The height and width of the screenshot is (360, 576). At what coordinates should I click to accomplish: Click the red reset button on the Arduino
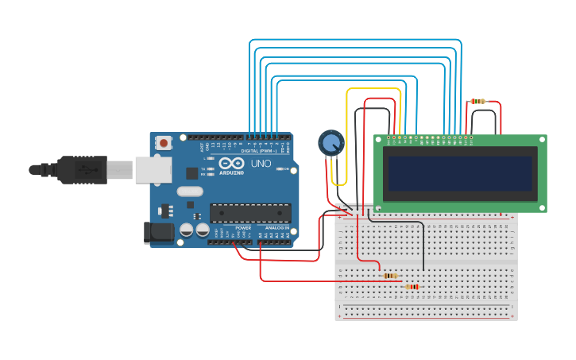tap(164, 143)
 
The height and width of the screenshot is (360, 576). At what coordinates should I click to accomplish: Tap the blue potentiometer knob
tap(331, 142)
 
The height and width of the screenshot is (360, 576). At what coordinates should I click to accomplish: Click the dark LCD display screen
tap(458, 173)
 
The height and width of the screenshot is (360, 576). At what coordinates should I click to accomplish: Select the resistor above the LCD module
tap(477, 101)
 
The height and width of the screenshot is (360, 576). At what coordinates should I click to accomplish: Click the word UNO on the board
tap(261, 164)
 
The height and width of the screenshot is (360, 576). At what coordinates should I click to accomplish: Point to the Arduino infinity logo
tap(232, 162)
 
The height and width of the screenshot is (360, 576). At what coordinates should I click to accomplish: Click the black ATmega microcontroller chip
tap(249, 212)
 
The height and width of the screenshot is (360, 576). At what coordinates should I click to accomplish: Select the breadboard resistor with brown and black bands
tap(390, 276)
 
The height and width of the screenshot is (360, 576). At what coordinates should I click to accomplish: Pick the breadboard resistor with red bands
tap(412, 286)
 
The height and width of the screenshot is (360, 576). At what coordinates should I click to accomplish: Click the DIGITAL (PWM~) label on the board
tap(260, 149)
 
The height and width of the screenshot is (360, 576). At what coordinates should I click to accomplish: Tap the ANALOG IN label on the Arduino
tap(276, 228)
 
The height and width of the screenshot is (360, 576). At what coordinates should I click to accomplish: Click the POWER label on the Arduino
tap(243, 228)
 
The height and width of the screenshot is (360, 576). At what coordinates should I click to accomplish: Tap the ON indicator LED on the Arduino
tap(280, 169)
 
